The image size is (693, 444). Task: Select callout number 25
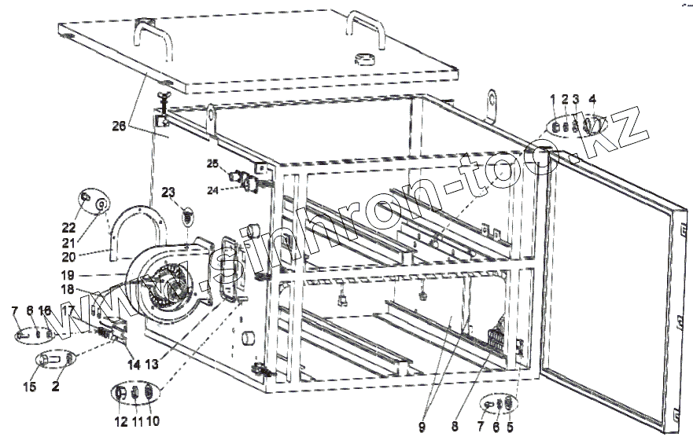click(212, 163)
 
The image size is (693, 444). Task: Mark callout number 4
click(592, 99)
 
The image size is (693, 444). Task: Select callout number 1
click(553, 99)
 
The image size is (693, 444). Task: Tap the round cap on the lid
click(366, 59)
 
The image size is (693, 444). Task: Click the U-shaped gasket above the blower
click(138, 228)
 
